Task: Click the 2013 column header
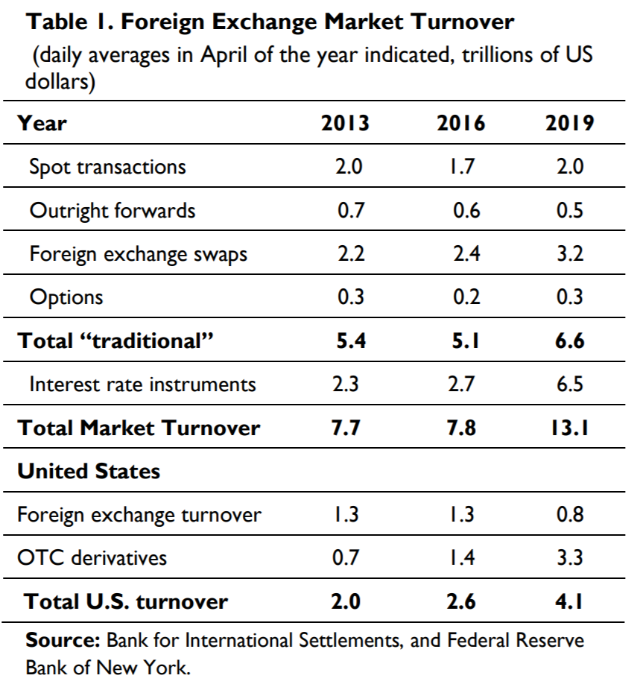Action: point(345,123)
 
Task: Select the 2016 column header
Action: point(460,123)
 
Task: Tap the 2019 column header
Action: point(569,123)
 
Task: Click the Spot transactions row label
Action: point(107,166)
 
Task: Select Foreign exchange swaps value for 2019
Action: point(569,254)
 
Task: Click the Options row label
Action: point(66,298)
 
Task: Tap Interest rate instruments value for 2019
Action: point(569,384)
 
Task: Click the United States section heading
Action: point(89,471)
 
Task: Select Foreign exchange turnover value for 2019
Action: point(569,514)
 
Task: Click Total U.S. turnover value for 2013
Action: point(347,601)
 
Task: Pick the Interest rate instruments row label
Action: point(142,384)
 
